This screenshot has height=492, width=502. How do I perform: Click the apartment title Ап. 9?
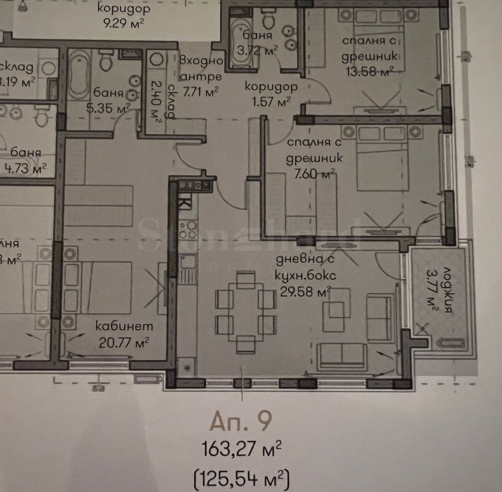coord(240,421)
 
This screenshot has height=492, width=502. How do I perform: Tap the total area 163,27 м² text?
coord(241,449)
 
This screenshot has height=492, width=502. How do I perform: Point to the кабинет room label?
coord(124,327)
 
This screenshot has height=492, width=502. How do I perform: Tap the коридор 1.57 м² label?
coord(271,94)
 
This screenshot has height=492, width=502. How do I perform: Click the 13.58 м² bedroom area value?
coord(369,72)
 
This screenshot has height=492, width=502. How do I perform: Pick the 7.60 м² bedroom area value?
coord(314,174)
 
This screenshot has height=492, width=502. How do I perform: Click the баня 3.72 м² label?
coord(257,42)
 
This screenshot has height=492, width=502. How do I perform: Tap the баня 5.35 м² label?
coord(108,100)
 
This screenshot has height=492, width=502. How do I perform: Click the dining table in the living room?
coord(246,313)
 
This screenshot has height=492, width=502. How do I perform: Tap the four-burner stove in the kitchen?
coord(188,230)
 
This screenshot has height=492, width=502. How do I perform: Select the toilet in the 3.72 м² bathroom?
coord(269,19)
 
